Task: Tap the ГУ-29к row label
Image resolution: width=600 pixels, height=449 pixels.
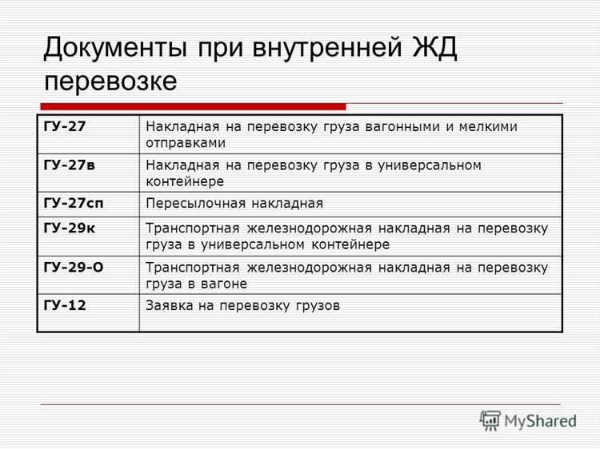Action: coord(69,228)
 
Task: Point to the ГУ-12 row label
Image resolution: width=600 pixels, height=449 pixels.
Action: coord(65,305)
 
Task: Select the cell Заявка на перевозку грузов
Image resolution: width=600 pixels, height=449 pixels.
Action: coord(242,306)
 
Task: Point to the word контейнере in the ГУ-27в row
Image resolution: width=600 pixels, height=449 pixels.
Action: coord(185,181)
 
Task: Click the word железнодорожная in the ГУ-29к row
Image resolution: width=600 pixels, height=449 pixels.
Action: coord(306,229)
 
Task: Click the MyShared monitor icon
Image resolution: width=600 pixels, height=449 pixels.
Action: coord(490,420)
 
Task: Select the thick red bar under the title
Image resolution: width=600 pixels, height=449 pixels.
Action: coord(192,106)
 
